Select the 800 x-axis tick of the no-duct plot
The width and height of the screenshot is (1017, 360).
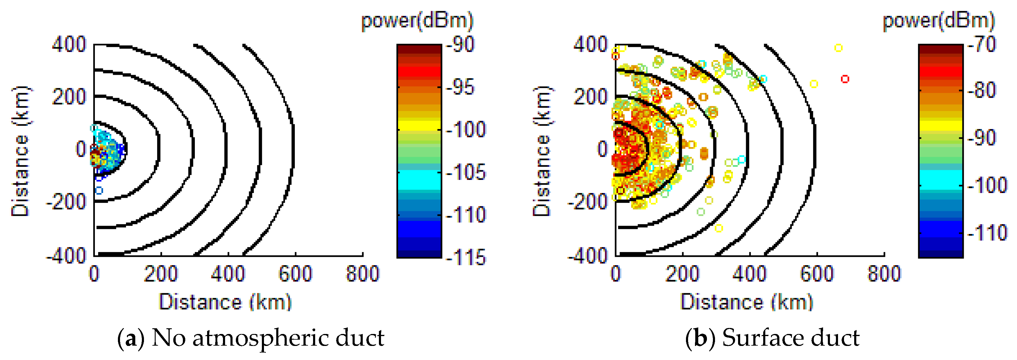coord(362,274)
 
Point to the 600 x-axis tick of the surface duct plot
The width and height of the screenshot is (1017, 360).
coord(816,274)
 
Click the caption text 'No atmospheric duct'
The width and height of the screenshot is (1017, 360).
coord(268,338)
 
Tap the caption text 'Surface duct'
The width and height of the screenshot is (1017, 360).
coord(790,338)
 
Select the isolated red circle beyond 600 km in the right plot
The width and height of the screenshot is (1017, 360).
coord(845,79)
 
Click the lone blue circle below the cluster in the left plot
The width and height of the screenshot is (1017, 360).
coord(99,191)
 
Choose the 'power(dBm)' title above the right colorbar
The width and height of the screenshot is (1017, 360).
coord(939,21)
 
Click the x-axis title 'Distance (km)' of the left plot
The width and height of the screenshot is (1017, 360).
coord(225,302)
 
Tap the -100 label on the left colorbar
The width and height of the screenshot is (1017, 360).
coord(466,129)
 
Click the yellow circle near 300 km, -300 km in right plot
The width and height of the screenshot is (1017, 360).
coord(719,228)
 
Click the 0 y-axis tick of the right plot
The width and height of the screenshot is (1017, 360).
coord(602,149)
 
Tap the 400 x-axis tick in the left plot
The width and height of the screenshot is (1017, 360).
coord(228,274)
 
